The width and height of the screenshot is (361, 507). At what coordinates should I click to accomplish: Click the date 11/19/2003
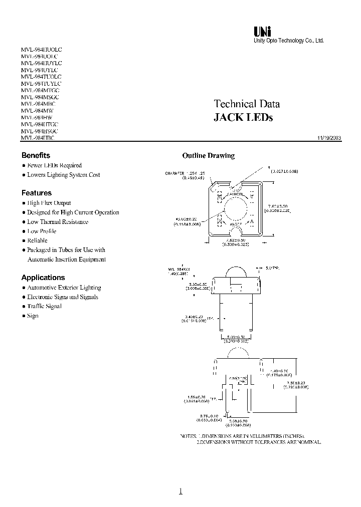(329, 138)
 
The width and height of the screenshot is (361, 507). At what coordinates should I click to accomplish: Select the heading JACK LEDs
(243, 118)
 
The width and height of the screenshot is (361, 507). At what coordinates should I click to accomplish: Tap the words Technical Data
(247, 104)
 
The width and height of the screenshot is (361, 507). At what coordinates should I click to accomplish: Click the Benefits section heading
(36, 155)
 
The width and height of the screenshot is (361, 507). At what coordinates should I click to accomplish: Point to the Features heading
(36, 193)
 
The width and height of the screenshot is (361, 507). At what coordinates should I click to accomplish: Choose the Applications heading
(43, 278)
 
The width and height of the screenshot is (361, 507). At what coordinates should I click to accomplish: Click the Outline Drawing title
(208, 156)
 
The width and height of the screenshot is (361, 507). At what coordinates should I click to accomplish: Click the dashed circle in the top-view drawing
(235, 209)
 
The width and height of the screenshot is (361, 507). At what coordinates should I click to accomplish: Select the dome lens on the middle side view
(235, 272)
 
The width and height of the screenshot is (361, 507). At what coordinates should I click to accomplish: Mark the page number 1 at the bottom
(180, 491)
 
